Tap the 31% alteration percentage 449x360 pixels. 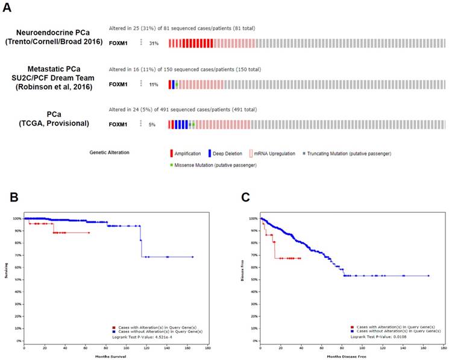[x=154, y=43]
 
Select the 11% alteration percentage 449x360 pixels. [x=154, y=84]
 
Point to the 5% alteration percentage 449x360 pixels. [x=152, y=124]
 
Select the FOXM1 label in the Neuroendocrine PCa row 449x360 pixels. [x=118, y=43]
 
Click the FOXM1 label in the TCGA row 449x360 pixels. [x=118, y=124]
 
